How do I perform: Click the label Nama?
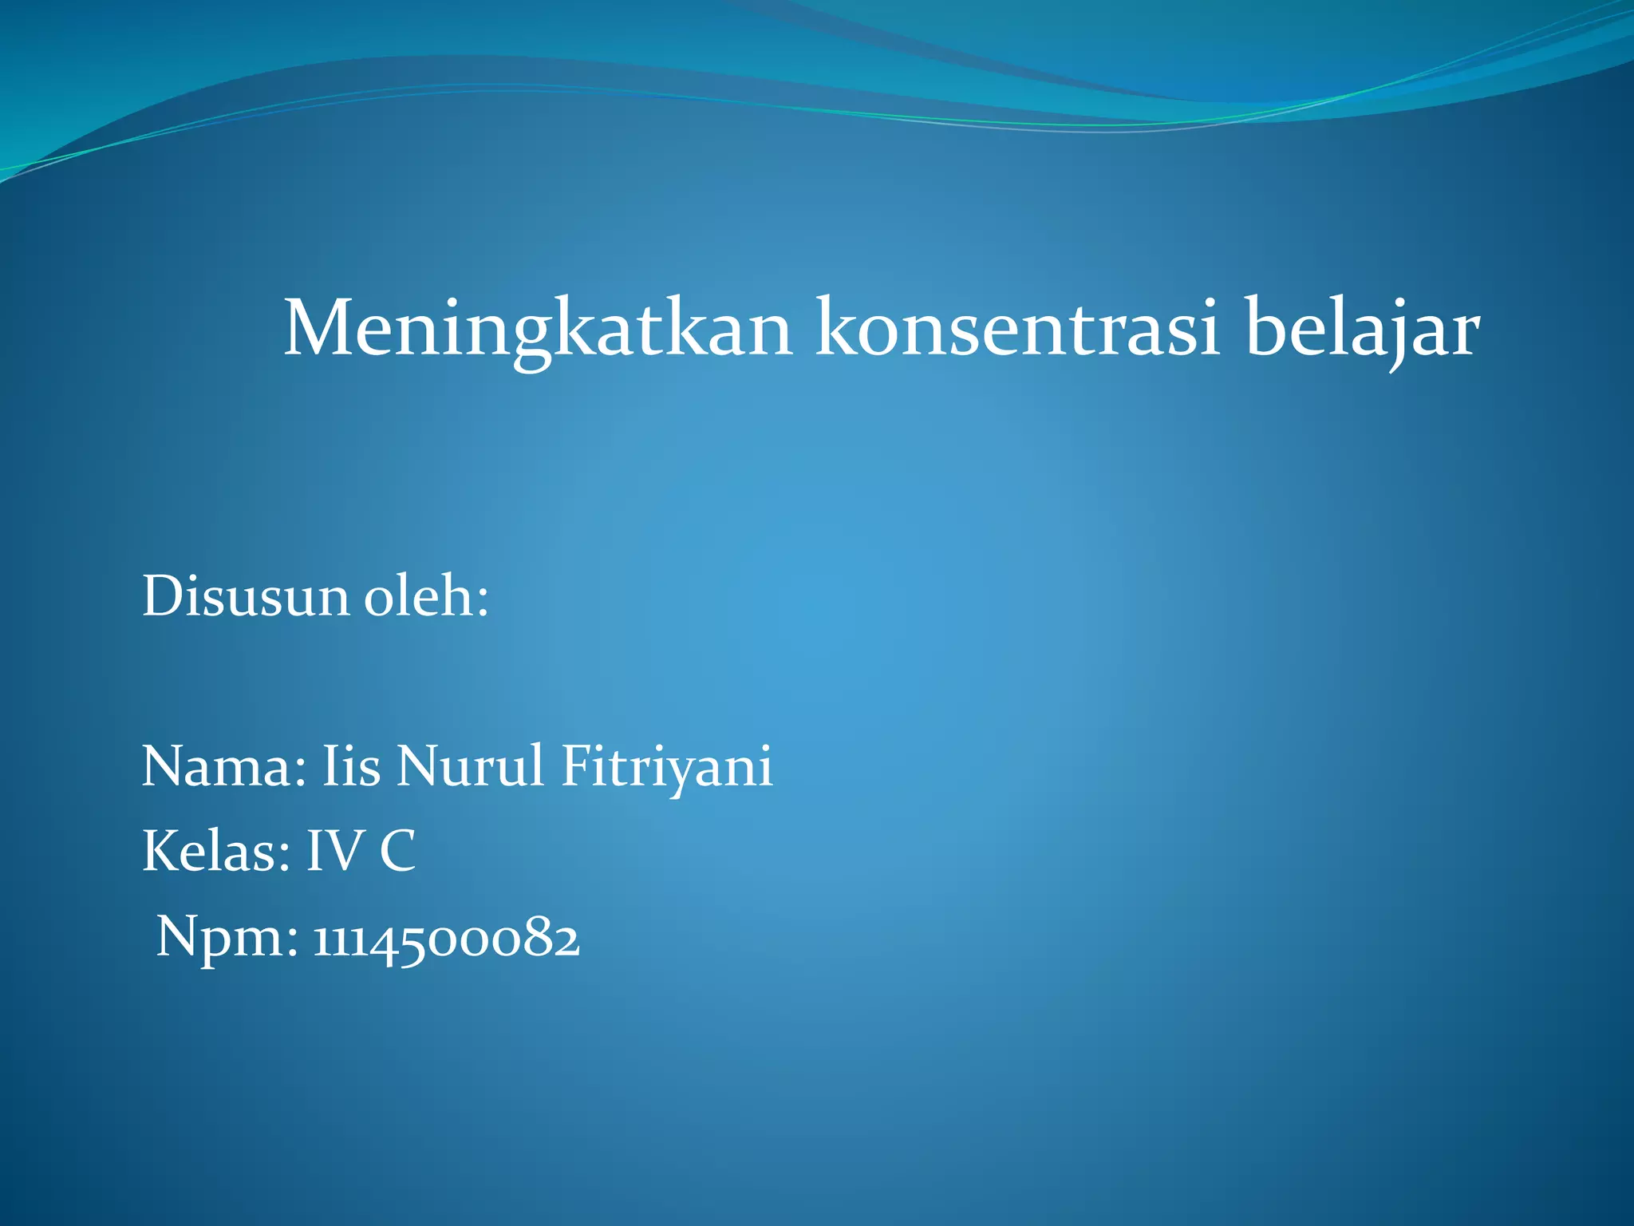(224, 766)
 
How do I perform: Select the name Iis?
(351, 766)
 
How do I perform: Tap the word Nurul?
(471, 766)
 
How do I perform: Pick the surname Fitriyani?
(667, 766)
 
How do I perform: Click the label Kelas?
(216, 852)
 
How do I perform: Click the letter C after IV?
(397, 852)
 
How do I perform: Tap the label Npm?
(227, 938)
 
